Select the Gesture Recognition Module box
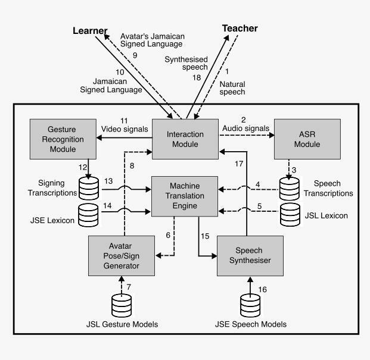(x=63, y=139)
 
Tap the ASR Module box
(x=306, y=139)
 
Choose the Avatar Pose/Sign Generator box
(x=123, y=255)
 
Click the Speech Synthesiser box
(x=250, y=255)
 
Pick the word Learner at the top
(x=91, y=30)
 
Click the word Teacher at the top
(x=240, y=29)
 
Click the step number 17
(x=238, y=162)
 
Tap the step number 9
(x=135, y=55)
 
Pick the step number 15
(x=205, y=236)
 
